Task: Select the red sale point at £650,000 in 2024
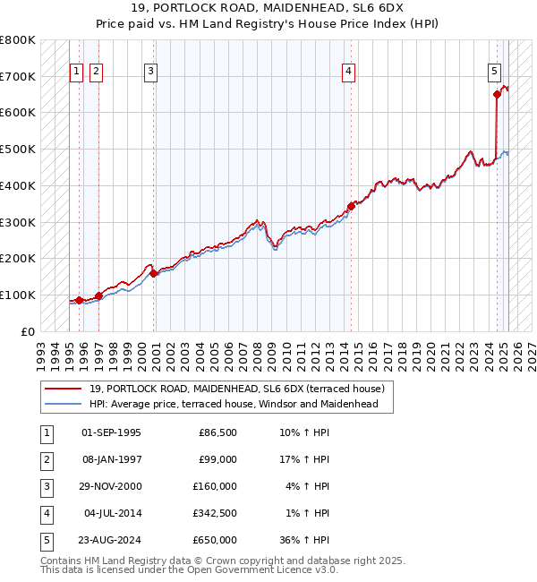tap(497, 93)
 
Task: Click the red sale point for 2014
tap(352, 205)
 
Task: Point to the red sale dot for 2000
tap(154, 273)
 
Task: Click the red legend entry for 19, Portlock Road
tap(236, 389)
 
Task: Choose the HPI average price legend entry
tap(234, 404)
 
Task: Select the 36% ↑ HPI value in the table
tap(305, 540)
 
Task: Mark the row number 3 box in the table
tap(46, 486)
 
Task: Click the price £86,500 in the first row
tap(216, 432)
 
